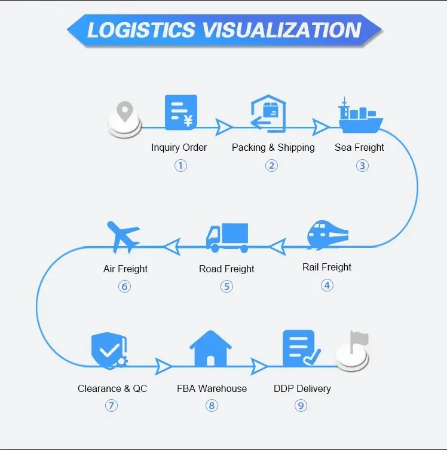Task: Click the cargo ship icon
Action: point(360,117)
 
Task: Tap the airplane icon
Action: point(124,237)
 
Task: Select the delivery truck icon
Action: point(226,238)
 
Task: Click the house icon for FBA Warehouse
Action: point(210,349)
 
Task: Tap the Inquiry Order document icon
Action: point(181,113)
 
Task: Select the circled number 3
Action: point(362,166)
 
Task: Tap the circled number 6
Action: point(124,286)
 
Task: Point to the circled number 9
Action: point(301,406)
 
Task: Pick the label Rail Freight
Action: point(327,267)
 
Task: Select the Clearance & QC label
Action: point(112,388)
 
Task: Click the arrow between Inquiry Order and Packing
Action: point(224,126)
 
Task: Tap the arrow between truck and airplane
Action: point(172,245)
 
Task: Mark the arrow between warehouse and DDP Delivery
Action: point(259,365)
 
